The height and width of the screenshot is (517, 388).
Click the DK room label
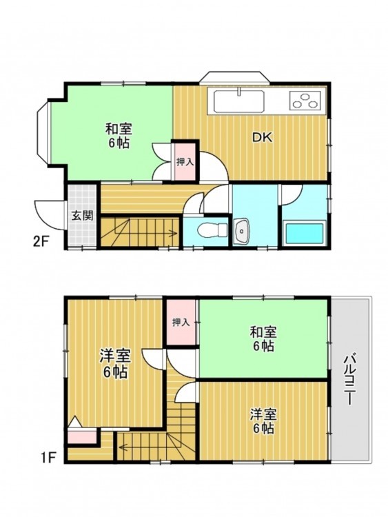(x=263, y=137)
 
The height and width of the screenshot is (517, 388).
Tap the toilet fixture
(x=213, y=230)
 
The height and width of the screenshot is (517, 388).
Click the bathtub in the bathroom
(x=305, y=234)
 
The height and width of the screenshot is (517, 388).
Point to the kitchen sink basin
(x=239, y=101)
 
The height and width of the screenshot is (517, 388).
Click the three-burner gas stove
(x=305, y=100)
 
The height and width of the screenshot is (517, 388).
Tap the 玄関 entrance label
(x=83, y=216)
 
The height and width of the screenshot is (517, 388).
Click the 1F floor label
(x=48, y=457)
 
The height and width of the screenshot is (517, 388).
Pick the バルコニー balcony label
(x=350, y=380)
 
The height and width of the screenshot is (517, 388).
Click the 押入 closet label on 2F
(x=185, y=162)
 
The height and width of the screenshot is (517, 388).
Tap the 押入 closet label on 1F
(x=181, y=322)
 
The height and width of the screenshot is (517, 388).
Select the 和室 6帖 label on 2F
(x=119, y=136)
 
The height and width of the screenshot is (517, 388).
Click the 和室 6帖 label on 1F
(x=263, y=338)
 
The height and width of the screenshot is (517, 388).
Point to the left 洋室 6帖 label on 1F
(x=115, y=364)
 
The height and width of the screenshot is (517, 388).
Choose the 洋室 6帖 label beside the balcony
(x=263, y=421)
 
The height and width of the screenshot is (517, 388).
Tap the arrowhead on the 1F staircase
(x=123, y=447)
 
